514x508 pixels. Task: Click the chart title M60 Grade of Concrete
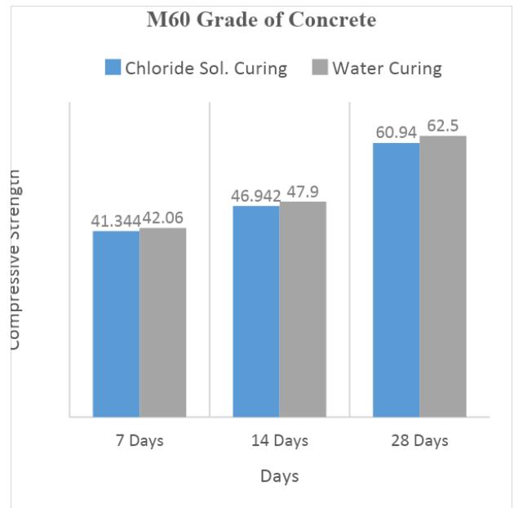pos(261,21)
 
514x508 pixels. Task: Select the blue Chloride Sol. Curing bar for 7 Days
pos(116,323)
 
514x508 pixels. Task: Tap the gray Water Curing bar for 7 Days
pos(162,322)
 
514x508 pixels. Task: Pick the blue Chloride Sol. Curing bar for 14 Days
pos(256,311)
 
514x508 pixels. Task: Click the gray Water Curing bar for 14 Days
pos(303,309)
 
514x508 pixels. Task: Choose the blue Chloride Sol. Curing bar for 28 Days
pos(397,279)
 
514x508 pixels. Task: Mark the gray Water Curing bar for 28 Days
pos(443,276)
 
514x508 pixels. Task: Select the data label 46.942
pos(256,195)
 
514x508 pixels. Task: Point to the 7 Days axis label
pos(139,441)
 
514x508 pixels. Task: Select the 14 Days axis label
pos(279,441)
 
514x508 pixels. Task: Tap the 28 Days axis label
pos(419,441)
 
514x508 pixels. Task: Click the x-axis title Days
pos(279,475)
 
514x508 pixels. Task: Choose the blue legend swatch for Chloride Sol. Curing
pos(113,67)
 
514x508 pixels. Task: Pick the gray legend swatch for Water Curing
pos(320,67)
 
